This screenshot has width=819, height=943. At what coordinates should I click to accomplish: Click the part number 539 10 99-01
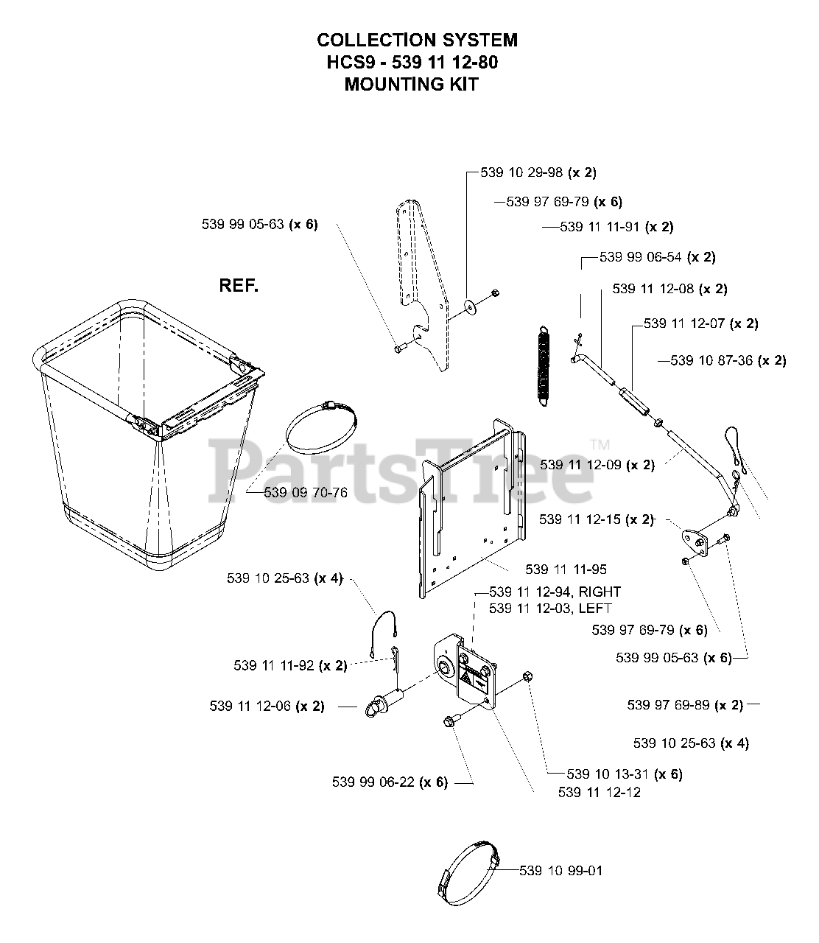[x=560, y=871]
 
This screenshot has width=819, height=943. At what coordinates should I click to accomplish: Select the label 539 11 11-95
[x=566, y=569]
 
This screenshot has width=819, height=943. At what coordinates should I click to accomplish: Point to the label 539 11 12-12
[x=600, y=792]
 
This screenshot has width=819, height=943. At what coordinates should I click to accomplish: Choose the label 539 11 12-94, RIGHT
[x=555, y=592]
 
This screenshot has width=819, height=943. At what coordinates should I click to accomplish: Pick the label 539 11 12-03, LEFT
[x=550, y=608]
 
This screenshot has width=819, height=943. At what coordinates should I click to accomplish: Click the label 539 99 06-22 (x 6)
[x=390, y=782]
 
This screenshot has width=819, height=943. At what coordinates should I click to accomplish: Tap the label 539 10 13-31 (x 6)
[x=625, y=774]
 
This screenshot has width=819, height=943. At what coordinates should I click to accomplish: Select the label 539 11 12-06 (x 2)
[x=267, y=707]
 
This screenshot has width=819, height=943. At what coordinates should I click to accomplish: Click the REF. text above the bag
[x=239, y=286]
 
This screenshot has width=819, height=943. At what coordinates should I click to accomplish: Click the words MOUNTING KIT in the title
[x=411, y=84]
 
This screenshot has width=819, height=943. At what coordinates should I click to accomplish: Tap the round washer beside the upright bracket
[x=469, y=304]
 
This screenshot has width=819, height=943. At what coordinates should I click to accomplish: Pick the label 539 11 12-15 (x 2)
[x=597, y=519]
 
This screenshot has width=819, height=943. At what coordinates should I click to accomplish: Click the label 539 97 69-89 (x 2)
[x=685, y=705]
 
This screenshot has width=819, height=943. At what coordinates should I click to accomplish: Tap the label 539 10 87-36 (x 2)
[x=728, y=360]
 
